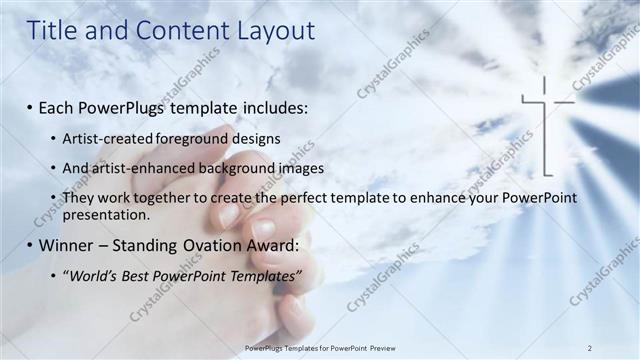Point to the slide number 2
pyautogui.click(x=590, y=347)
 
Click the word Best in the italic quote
pyautogui.click(x=140, y=274)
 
